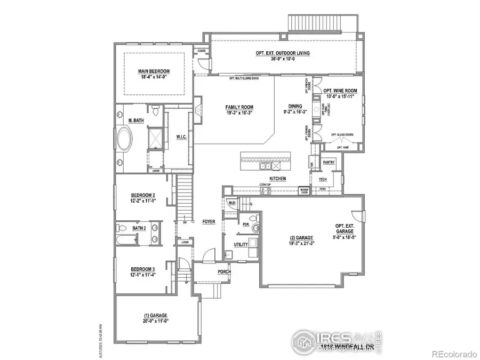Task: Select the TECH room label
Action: (322, 179)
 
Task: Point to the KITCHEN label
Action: (277, 178)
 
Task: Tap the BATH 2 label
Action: (139, 228)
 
